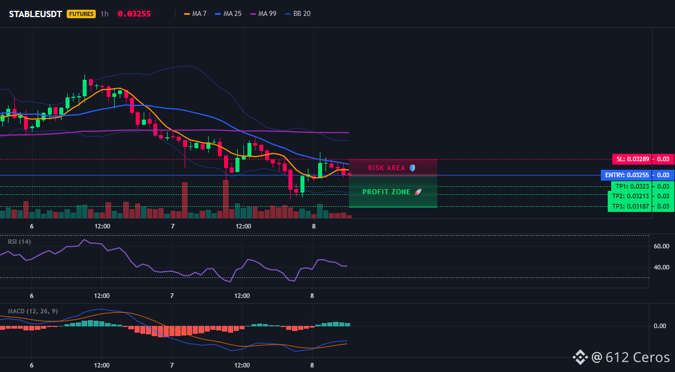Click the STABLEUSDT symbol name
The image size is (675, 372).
pos(36,14)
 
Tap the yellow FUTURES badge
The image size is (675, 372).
pos(81,14)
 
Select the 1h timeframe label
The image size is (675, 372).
pos(104,14)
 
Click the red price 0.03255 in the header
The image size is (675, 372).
pos(134,14)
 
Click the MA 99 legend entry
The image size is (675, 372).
pos(263,14)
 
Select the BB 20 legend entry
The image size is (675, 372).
pos(298,14)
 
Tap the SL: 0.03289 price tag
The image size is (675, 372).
pos(632,159)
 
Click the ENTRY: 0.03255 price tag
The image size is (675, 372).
pos(627,175)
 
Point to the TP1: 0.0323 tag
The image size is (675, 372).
pos(631,187)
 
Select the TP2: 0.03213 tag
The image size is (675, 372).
pos(631,196)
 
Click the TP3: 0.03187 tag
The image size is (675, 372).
pos(631,206)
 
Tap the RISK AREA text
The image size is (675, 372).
pos(387,167)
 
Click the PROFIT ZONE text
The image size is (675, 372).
pos(387,192)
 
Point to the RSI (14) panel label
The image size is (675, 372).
pos(19,242)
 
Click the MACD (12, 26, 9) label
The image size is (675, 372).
pos(32,311)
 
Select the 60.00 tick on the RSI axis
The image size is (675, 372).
pos(661,247)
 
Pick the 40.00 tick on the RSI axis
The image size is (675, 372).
pos(661,267)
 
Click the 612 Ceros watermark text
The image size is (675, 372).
pos(637,357)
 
